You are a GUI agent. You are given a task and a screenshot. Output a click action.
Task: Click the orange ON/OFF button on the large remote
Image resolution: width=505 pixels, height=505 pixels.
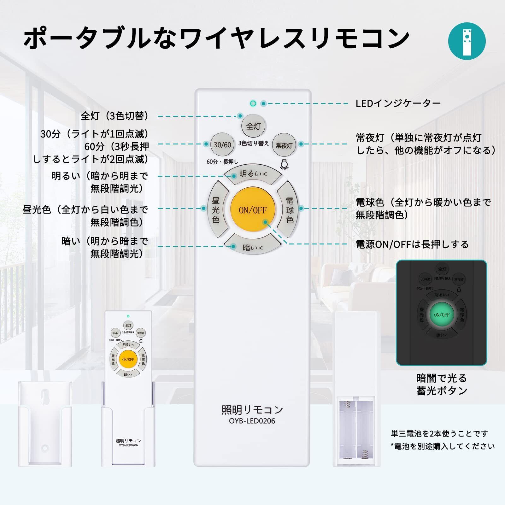point(253,210)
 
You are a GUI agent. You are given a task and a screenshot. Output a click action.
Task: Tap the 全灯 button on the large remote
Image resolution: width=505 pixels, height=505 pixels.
point(253,126)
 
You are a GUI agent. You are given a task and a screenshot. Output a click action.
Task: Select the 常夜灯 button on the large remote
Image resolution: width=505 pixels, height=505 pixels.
point(284,145)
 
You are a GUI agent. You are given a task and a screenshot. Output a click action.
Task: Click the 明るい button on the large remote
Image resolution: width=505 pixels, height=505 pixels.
point(253,174)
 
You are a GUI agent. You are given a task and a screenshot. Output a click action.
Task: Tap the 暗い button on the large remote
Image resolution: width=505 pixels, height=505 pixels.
point(253,247)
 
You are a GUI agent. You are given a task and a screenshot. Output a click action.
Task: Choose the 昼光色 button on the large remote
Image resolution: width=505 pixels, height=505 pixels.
point(216,210)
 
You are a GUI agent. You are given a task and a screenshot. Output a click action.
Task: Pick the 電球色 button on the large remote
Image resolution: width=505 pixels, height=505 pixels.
point(290,210)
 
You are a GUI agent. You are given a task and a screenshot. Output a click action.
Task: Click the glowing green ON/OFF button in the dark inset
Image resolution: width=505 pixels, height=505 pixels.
point(442,314)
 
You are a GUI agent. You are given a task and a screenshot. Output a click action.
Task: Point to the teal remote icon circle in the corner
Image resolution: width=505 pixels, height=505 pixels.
point(467,41)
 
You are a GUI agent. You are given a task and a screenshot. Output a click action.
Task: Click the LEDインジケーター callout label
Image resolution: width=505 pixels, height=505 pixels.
point(398,103)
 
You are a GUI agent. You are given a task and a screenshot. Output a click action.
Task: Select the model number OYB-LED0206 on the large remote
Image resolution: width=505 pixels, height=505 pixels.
point(252,421)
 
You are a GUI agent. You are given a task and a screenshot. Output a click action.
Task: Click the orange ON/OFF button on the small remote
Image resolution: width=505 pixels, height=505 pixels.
point(128,359)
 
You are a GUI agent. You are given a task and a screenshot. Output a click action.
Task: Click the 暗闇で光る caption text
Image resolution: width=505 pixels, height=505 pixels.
point(441,378)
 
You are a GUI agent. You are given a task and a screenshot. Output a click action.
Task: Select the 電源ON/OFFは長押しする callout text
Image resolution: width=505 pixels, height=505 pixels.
point(412,244)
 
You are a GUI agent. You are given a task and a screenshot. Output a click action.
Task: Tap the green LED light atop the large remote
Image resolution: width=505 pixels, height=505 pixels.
point(253,103)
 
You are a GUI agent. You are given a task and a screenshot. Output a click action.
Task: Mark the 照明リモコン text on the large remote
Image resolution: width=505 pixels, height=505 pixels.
point(252,410)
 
